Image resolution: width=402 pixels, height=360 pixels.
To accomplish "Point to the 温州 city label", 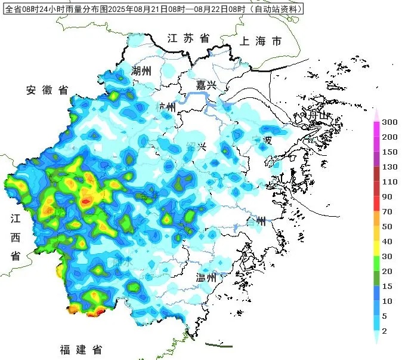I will point(209,277).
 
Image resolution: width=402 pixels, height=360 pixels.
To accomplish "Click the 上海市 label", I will point(260,42).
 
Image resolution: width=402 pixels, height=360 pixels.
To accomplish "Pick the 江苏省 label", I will point(188,38).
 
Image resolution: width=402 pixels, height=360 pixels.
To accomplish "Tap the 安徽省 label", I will point(47,90).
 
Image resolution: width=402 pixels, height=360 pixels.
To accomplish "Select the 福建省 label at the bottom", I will point(81,349).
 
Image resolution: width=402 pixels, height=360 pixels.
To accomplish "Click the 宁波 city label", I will point(262,141).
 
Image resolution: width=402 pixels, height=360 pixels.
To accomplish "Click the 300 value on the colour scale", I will point(389,122).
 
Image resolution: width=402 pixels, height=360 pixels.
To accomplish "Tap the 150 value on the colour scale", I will point(389,152).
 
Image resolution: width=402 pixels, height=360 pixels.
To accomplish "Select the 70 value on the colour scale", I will point(387,211).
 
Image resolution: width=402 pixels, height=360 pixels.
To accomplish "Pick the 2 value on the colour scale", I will point(385,331).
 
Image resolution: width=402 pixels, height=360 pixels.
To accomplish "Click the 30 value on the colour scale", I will point(387,256).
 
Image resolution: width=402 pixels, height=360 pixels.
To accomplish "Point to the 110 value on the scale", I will point(389,181).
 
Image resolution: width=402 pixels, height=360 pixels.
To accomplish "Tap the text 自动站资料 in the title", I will point(276,10).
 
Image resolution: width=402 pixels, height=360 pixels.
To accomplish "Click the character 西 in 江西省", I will point(16,238).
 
